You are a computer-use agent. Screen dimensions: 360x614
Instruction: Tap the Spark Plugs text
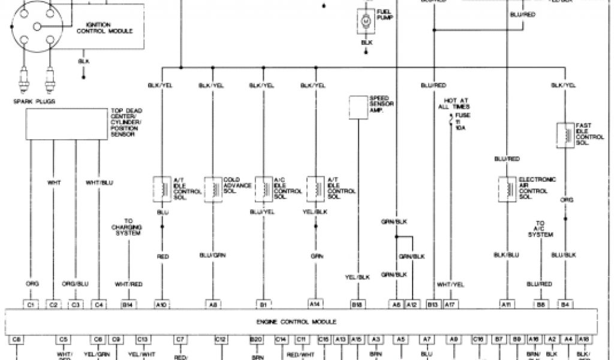(x=34, y=101)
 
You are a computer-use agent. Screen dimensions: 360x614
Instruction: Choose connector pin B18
(x=359, y=304)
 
